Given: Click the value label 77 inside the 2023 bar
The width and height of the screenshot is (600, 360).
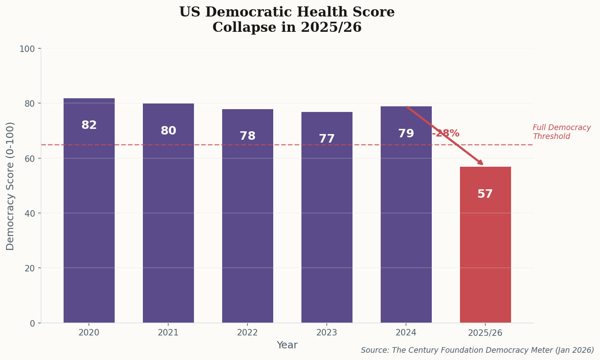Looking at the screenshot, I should coord(326,139).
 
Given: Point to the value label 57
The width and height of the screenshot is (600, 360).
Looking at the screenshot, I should coord(485,194).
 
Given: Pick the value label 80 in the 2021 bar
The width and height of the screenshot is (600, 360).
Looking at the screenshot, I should coord(168,131).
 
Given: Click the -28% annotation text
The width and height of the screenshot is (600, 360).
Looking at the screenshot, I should coord(446,134).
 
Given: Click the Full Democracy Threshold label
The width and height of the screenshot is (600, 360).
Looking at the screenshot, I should coord(561,132).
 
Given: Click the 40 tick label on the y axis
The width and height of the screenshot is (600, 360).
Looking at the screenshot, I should coord(29,213).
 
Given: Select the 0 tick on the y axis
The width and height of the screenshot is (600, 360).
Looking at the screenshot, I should coord(32,323).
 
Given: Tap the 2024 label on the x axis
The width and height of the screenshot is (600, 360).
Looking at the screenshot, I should coord(406,333).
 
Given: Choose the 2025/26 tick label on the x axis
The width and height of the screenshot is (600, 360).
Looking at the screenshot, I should coord(485,333).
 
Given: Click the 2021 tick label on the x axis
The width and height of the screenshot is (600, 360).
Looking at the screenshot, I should coord(168,333).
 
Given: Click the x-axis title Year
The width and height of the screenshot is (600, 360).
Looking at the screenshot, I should coord(287,345).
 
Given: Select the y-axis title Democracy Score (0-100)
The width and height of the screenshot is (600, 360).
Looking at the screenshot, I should coord(10,186).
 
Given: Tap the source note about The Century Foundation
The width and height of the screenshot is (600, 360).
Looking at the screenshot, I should coord(477,350).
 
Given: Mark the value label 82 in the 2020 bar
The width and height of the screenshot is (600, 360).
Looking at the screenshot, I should coord(89,125).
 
